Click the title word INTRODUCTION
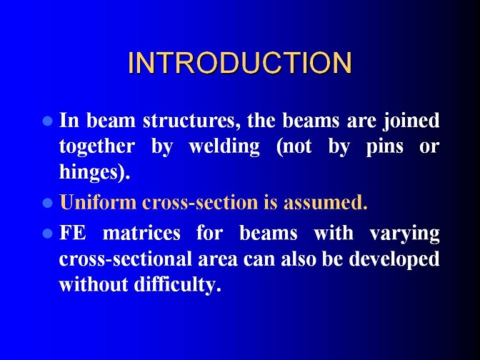[240, 62]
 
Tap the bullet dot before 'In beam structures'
[48, 121]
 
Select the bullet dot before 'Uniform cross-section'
[48, 203]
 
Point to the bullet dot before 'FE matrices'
[48, 234]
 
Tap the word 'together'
[96, 147]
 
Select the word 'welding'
[224, 147]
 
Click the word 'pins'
[384, 147]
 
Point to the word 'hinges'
[88, 173]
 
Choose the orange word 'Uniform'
[98, 202]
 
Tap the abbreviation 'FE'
[73, 234]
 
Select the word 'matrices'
[141, 234]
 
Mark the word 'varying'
[405, 234]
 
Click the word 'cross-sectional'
[125, 259]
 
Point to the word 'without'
[94, 285]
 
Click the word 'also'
[299, 259]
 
